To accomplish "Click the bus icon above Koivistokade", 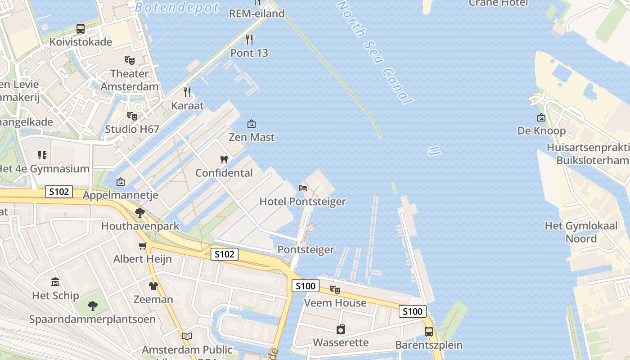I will (81, 29).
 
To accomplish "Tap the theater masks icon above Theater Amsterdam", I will (130, 60).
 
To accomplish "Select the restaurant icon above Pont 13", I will (249, 40).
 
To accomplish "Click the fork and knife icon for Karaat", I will (187, 92).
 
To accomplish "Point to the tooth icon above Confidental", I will (224, 159).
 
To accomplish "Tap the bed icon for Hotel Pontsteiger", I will (303, 188).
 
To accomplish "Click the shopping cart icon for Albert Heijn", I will (143, 246).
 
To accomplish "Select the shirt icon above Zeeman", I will (153, 286).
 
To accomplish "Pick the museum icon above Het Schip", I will (55, 282).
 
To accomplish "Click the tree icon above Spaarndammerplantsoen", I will (92, 306).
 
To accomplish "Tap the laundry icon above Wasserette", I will (341, 329).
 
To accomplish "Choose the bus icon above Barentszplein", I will (429, 332).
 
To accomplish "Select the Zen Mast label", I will (252, 137).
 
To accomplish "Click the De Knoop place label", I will (541, 131).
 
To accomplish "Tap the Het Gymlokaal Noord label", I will (581, 232).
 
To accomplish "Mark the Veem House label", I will (335, 303).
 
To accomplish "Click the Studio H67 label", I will (132, 129).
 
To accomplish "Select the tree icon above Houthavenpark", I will (140, 213).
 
